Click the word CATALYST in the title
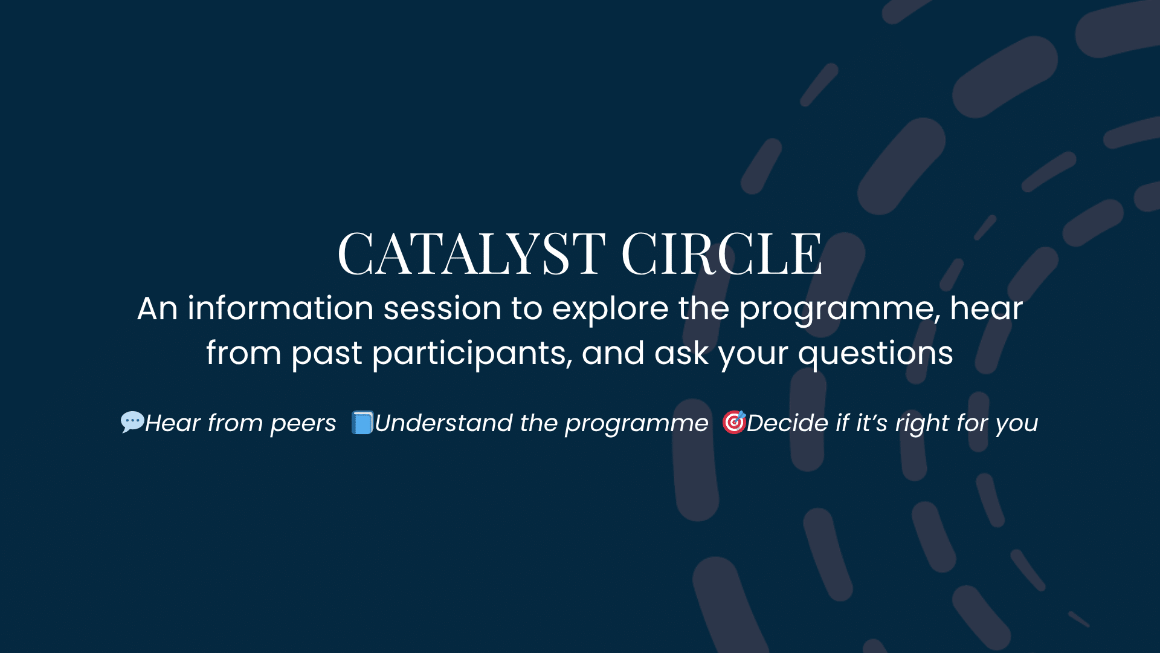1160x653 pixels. click(471, 254)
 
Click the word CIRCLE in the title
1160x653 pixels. click(721, 254)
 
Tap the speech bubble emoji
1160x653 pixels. click(132, 421)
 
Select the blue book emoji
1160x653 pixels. click(362, 422)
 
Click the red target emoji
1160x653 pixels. click(734, 422)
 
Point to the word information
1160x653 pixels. click(280, 308)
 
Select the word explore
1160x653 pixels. click(610, 308)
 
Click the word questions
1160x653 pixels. click(875, 353)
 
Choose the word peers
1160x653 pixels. click(303, 424)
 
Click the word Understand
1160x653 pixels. click(443, 423)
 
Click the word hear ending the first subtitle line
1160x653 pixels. click(986, 308)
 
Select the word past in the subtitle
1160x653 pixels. click(326, 353)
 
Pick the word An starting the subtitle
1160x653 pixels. click(157, 308)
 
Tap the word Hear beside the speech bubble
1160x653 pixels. click(173, 423)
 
